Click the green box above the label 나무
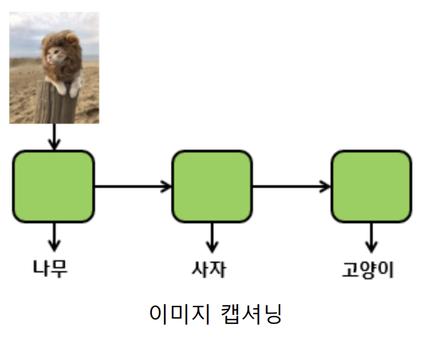click(x=53, y=187)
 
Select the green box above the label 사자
click(x=212, y=187)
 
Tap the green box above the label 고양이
click(x=371, y=187)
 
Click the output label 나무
click(x=50, y=269)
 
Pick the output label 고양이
click(x=368, y=270)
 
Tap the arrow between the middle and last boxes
click(x=291, y=187)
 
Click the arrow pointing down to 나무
click(x=54, y=236)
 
